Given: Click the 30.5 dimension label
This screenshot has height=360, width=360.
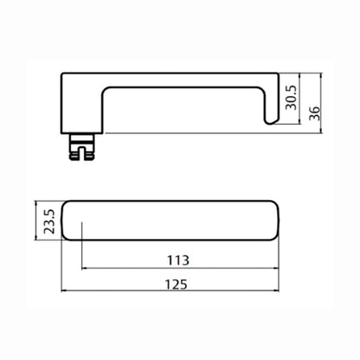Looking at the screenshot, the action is coord(291,97).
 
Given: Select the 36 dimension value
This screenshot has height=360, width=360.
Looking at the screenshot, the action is coord(315,113).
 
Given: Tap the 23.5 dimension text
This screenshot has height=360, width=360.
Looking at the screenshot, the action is coord(49,222).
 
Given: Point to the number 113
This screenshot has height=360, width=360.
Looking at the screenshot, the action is coord(178,260).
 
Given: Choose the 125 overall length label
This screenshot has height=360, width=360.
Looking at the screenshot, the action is coord(176,285).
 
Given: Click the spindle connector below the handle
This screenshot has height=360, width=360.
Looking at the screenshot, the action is coord(81,146).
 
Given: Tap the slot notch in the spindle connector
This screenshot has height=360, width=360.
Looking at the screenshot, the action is coord(81,153).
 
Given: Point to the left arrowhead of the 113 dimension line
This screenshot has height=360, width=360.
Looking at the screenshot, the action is coord(84,268).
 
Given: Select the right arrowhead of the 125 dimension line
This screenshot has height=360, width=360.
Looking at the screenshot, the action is coord(277,291).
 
